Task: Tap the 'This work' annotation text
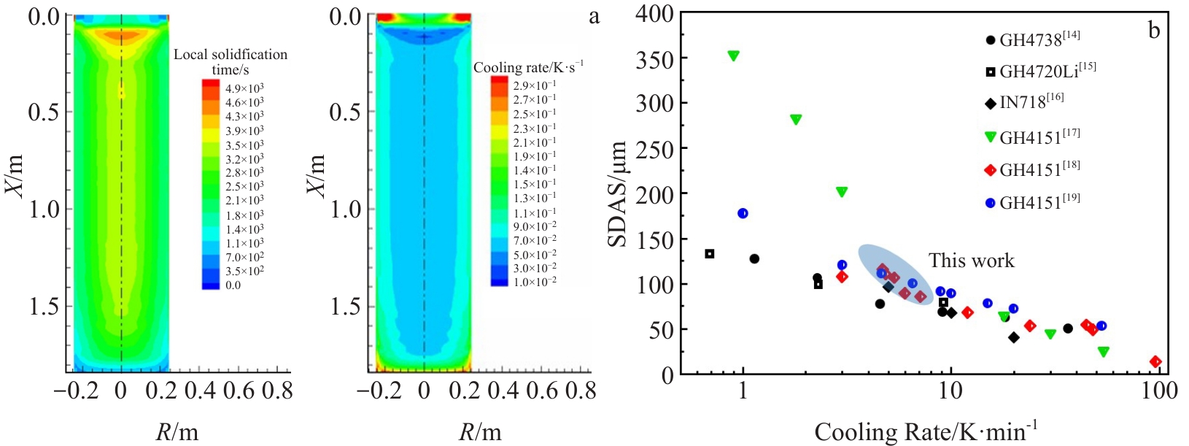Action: click(971, 261)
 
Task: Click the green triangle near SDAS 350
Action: click(733, 55)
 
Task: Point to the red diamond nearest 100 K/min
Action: click(1155, 361)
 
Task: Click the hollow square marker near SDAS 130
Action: click(709, 254)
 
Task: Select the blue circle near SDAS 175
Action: click(743, 213)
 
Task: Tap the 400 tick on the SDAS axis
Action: click(654, 13)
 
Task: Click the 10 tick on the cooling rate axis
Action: click(950, 390)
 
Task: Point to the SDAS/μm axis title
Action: click(618, 194)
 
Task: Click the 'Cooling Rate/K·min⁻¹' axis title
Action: click(926, 431)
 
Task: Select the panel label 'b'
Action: click(1154, 30)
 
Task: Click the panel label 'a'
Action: click(594, 16)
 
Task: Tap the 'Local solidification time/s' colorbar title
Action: click(231, 61)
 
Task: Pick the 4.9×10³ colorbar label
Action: click(244, 88)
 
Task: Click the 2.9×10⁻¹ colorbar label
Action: click(534, 85)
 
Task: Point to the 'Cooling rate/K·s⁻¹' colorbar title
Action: click(528, 67)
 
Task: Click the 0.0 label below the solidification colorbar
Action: click(233, 285)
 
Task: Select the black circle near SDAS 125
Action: click(754, 258)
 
